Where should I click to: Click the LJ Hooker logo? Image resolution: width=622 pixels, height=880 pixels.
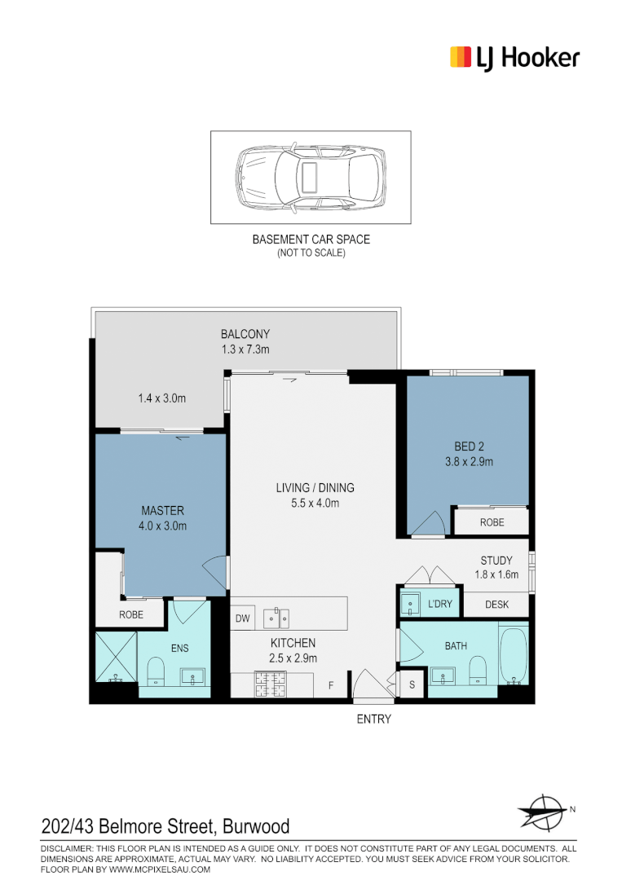514,58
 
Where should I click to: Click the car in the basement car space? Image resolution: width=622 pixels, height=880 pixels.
310,177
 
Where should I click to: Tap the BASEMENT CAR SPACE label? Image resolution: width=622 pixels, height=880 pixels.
311,240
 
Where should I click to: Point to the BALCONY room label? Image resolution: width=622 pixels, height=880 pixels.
245,334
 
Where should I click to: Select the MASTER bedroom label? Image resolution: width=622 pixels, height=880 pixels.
162,511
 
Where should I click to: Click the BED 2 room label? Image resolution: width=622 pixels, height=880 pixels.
469,447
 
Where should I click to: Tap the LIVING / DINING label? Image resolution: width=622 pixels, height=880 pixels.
315,488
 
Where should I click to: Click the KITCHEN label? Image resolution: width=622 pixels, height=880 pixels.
293,643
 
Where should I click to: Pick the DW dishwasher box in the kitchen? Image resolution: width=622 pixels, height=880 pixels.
242,619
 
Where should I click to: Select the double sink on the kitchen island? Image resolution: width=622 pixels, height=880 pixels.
276,618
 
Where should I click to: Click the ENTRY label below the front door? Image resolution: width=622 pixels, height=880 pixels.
373,719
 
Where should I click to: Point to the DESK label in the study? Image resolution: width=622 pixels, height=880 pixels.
496,605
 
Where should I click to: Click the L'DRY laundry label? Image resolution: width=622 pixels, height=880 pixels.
440,604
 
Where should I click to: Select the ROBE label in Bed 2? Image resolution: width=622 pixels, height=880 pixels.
492,522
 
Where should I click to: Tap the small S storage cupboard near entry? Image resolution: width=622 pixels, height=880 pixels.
412,685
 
